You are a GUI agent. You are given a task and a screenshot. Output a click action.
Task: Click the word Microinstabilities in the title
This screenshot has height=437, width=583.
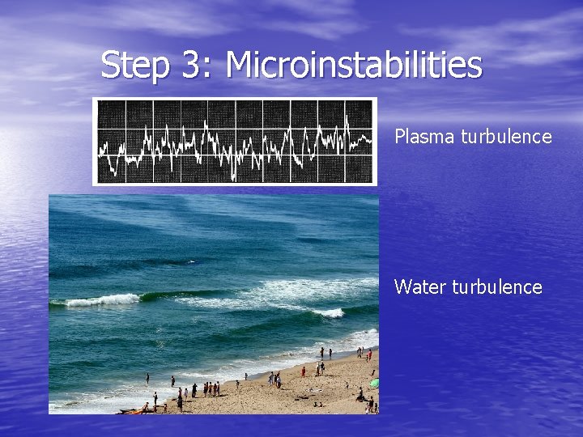(x=354, y=65)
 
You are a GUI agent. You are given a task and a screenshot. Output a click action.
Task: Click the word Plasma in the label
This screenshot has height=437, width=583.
(x=425, y=137)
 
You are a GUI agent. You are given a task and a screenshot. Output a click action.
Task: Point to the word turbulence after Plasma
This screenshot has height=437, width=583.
(x=506, y=137)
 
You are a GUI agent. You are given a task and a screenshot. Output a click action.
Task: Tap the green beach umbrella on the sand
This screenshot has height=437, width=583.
(x=373, y=383)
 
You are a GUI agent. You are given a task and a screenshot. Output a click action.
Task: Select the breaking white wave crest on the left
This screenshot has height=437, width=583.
(x=101, y=300)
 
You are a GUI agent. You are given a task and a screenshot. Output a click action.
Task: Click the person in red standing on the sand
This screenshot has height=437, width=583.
(x=304, y=371)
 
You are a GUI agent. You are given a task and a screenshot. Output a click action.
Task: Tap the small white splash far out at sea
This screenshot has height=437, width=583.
(x=191, y=261)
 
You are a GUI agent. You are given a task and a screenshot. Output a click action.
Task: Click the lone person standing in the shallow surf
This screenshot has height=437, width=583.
(x=147, y=378)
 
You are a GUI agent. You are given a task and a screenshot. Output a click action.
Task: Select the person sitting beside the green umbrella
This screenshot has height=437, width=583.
(x=360, y=395)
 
